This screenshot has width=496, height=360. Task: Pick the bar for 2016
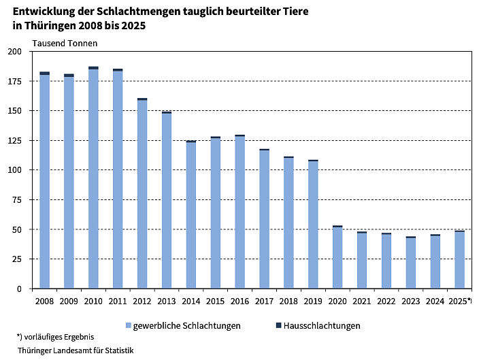click(x=239, y=212)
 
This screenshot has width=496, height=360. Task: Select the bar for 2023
click(x=411, y=263)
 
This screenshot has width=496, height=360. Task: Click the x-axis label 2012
click(x=142, y=299)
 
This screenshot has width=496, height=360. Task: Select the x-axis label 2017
click(x=264, y=299)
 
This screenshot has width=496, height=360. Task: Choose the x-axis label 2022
click(x=386, y=299)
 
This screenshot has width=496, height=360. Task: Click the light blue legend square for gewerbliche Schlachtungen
click(x=128, y=326)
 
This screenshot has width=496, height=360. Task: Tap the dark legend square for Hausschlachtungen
click(x=278, y=326)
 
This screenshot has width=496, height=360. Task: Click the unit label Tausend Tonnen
click(x=65, y=44)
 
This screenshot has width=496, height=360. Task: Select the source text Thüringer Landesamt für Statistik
click(x=76, y=350)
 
